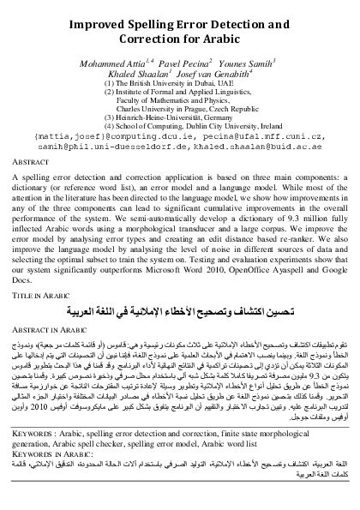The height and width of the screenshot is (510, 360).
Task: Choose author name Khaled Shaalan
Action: [x=143, y=75]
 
